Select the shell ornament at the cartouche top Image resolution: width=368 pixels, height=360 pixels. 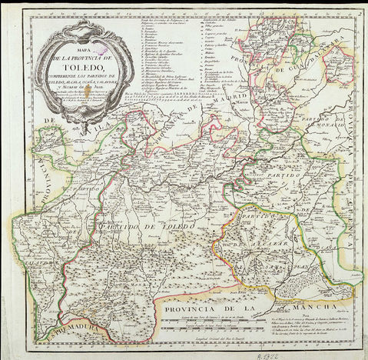tap(75, 29)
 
